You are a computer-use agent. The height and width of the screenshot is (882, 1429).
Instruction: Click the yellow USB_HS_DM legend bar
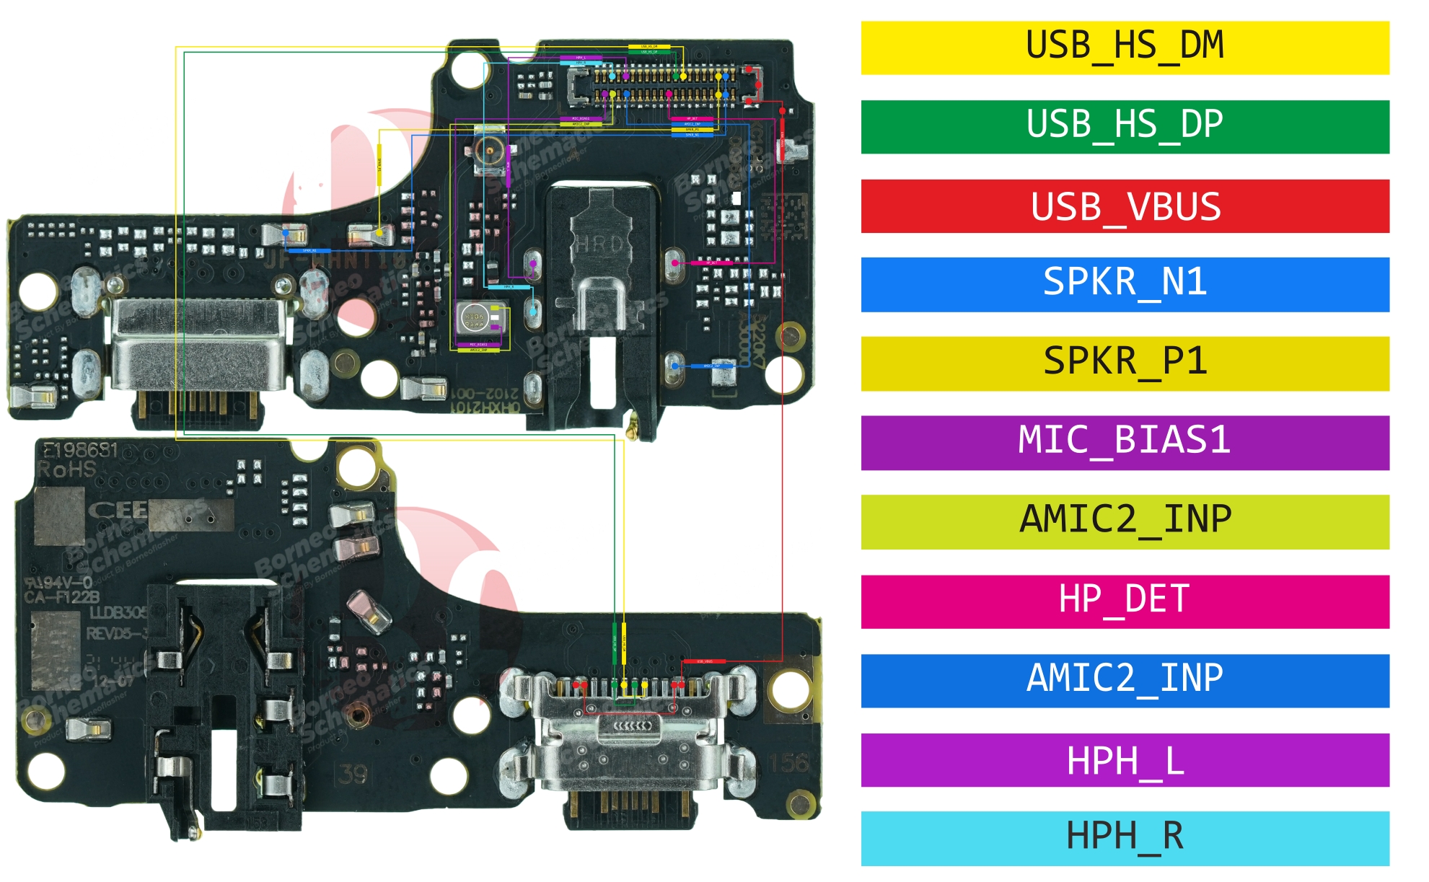[x=1125, y=48]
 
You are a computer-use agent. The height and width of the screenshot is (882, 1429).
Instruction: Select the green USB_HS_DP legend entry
[x=1125, y=126]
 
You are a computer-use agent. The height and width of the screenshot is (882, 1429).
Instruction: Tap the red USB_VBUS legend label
[x=1125, y=206]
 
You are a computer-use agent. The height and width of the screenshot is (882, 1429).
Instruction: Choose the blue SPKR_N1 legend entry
[x=1125, y=284]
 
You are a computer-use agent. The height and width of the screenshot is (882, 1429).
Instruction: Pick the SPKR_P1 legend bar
[x=1125, y=363]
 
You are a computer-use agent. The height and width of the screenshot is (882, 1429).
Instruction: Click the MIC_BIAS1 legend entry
[x=1125, y=442]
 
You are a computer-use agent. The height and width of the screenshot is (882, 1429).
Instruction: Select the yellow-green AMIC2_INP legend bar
[x=1125, y=521]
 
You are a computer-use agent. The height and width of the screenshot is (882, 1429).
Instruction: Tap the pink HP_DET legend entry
[x=1125, y=601]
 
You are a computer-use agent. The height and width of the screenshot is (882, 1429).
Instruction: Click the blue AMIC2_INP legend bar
[x=1125, y=680]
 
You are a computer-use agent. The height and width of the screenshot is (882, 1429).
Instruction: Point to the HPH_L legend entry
[x=1125, y=759]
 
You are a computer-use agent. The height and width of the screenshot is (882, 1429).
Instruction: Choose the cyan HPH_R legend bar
[x=1125, y=838]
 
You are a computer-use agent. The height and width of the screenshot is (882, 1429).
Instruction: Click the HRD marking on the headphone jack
[x=599, y=244]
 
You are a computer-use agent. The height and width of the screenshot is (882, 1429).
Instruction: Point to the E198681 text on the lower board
[x=80, y=451]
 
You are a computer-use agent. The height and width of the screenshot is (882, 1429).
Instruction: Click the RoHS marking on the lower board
[x=66, y=470]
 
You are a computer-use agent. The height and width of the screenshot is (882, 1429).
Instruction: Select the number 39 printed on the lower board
[x=353, y=775]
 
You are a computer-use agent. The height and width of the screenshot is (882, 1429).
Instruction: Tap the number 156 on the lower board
[x=787, y=763]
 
